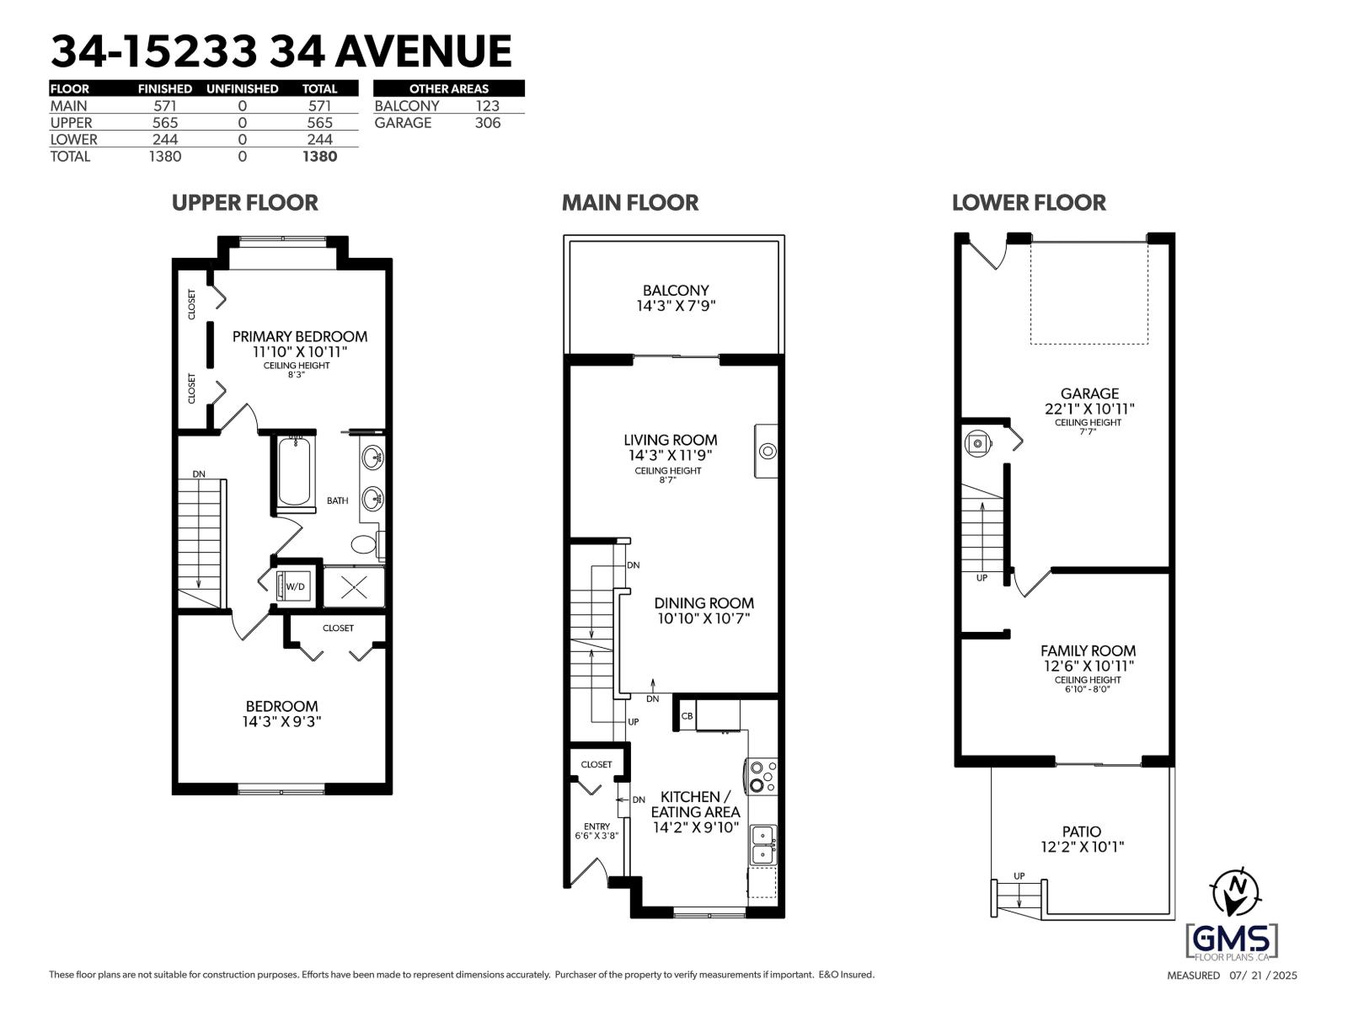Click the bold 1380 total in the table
click(x=319, y=157)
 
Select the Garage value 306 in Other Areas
click(x=487, y=123)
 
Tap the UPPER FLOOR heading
click(x=244, y=203)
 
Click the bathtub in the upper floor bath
click(x=293, y=470)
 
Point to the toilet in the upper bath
click(x=365, y=543)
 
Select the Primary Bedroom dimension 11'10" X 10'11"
click(x=299, y=351)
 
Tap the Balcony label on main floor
click(x=676, y=290)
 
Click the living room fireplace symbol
click(x=767, y=451)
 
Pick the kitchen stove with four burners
click(x=761, y=776)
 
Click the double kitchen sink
click(x=762, y=844)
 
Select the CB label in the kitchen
click(x=687, y=716)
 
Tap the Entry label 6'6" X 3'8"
click(x=596, y=832)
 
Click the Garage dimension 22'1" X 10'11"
click(x=1089, y=409)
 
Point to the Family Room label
click(x=1088, y=650)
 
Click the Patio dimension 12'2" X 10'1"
click(x=1083, y=847)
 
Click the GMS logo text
click(x=1232, y=939)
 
